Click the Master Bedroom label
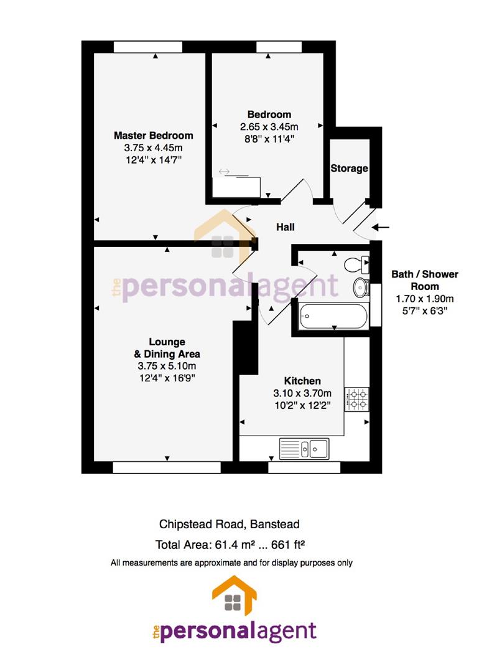154,136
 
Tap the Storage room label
349,169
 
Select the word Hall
286,227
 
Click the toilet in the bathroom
356,264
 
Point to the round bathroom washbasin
361,287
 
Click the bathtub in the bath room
333,316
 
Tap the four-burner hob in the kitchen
357,399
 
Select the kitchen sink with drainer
304,448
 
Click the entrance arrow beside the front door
381,227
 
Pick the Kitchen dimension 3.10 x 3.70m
302,393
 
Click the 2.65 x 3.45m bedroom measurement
269,127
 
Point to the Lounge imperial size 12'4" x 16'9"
167,378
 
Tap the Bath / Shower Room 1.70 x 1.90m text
425,299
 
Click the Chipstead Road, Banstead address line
229,524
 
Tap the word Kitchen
302,381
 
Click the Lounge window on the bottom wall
167,467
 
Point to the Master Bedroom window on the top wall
148,47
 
